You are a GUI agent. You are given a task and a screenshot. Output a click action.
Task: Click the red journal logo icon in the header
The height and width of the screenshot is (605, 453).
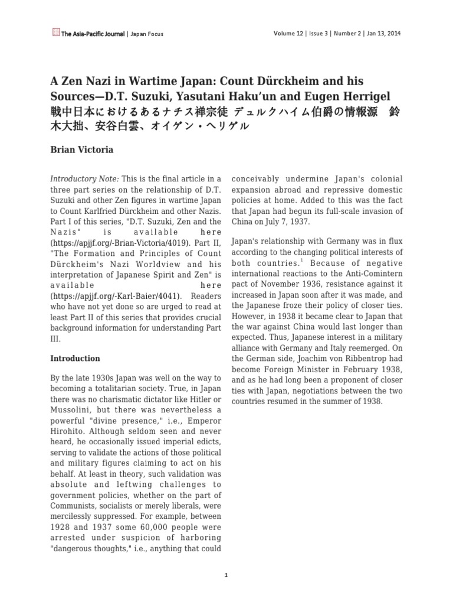pyautogui.click(x=56, y=34)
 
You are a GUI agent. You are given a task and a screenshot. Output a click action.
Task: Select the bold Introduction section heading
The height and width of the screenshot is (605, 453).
pyautogui.click(x=75, y=358)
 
